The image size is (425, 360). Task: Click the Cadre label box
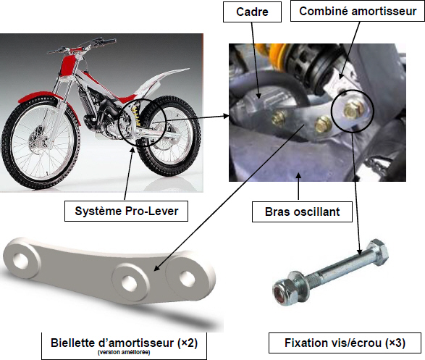pyautogui.click(x=252, y=12)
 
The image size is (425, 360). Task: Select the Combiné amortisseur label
pyautogui.click(x=358, y=12)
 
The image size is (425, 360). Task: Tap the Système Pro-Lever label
pyautogui.click(x=126, y=212)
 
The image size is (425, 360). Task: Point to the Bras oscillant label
pyautogui.click(x=302, y=212)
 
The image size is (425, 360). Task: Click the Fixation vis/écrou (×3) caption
pyautogui.click(x=345, y=343)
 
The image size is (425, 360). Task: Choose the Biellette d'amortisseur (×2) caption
pyautogui.click(x=124, y=343)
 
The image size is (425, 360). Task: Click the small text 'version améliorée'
pyautogui.click(x=124, y=353)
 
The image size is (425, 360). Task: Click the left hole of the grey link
pyautogui.click(x=20, y=259)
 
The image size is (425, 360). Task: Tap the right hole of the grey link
pyautogui.click(x=187, y=278)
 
